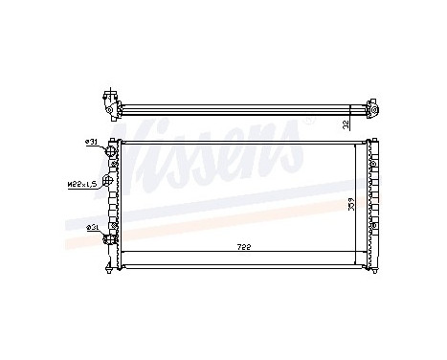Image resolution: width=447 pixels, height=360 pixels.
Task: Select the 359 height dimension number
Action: tap(353, 203)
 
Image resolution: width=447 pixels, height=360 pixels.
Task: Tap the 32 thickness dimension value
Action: tap(346, 122)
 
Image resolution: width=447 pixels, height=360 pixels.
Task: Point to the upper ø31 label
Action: tap(92, 142)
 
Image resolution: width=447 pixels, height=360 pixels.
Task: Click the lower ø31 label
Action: tap(92, 227)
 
